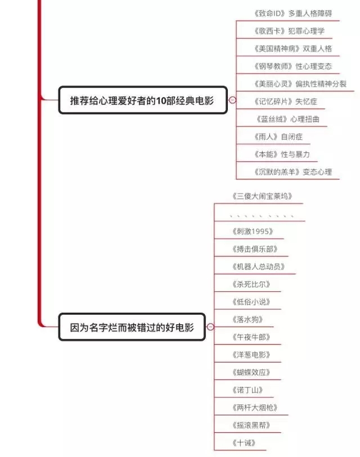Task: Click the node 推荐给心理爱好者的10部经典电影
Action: (x=143, y=100)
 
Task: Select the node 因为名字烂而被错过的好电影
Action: (x=132, y=327)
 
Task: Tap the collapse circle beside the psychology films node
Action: (x=232, y=100)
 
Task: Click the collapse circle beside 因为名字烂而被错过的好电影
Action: (x=210, y=327)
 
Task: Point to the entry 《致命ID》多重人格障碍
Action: (x=292, y=13)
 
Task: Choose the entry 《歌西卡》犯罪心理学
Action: (x=289, y=31)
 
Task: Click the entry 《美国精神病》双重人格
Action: (x=292, y=48)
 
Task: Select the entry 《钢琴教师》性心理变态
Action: (x=292, y=66)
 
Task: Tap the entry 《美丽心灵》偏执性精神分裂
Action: (x=300, y=84)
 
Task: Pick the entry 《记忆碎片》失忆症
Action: (x=285, y=101)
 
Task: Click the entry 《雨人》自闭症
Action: (x=278, y=137)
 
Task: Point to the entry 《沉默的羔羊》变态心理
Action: (x=292, y=172)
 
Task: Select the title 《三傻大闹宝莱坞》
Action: (x=262, y=196)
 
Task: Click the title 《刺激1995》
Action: (x=253, y=232)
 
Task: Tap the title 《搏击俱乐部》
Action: (x=255, y=249)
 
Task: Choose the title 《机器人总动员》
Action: (x=259, y=266)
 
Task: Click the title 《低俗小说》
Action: (x=251, y=302)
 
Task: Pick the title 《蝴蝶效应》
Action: (x=251, y=372)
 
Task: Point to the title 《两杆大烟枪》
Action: (x=255, y=408)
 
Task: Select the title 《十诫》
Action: (x=244, y=443)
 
